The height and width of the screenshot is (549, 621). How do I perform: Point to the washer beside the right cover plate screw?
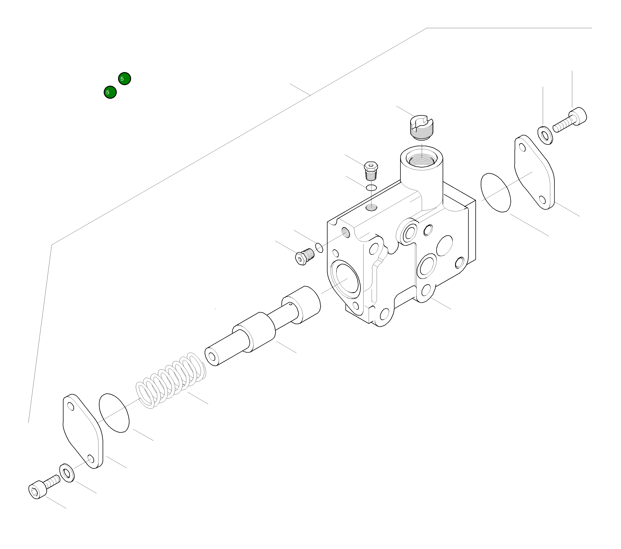point(545,134)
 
